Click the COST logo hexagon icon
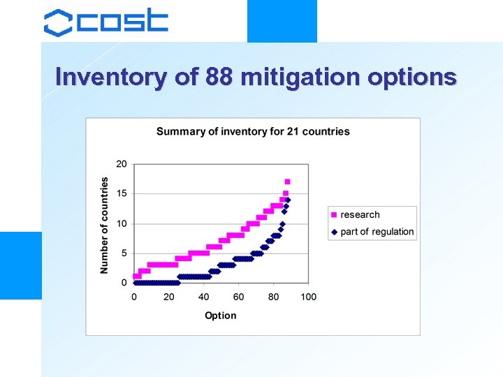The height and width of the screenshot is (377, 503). tap(58, 22)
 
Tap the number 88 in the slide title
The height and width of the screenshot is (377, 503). tap(219, 76)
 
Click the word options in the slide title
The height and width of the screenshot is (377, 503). tap(412, 76)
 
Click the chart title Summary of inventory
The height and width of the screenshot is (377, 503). tap(253, 131)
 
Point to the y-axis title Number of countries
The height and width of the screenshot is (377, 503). tap(105, 224)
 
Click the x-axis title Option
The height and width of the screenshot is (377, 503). tap(220, 316)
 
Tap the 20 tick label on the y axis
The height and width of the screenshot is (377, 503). tap(122, 164)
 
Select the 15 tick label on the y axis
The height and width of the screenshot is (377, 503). tap(122, 193)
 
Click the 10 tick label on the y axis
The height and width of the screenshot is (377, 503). tap(122, 223)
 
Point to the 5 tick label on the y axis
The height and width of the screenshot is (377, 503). tap(124, 253)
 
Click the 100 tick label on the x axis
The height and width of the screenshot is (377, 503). tap(308, 297)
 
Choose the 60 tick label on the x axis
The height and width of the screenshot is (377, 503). tap(238, 297)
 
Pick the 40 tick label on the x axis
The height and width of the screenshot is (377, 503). tap(203, 297)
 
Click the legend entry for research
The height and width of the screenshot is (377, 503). tap(360, 215)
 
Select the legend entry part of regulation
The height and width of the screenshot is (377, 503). tap(377, 232)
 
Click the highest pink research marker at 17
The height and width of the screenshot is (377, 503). tap(287, 182)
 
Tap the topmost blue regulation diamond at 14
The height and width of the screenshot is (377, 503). tap(287, 200)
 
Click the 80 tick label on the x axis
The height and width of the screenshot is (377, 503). tap(273, 297)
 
